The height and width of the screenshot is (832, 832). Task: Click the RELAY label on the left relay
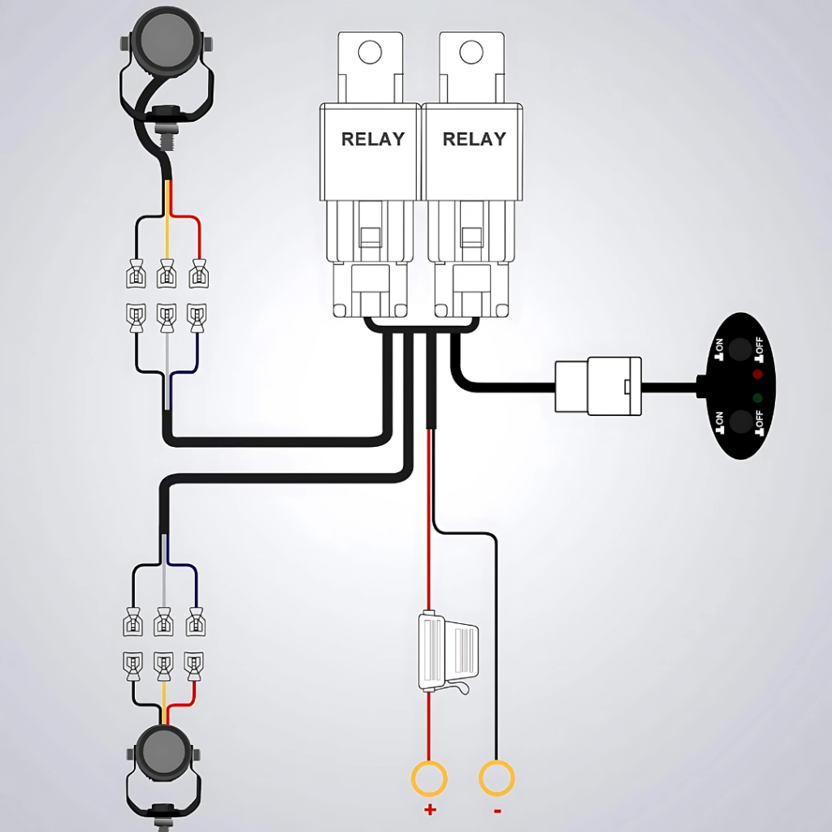click(372, 139)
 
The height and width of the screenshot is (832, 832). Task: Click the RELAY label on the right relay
click(474, 139)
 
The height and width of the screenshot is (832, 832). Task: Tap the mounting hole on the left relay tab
click(370, 52)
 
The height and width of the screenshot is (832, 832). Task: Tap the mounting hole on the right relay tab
click(471, 52)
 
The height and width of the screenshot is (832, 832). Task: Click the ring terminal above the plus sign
click(429, 779)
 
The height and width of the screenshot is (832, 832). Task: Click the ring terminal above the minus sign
click(496, 779)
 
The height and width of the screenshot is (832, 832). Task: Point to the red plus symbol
click(430, 809)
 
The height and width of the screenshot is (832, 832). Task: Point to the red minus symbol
click(496, 810)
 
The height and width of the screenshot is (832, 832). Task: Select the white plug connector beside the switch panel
click(598, 385)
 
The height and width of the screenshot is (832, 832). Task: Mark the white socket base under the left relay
click(370, 288)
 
